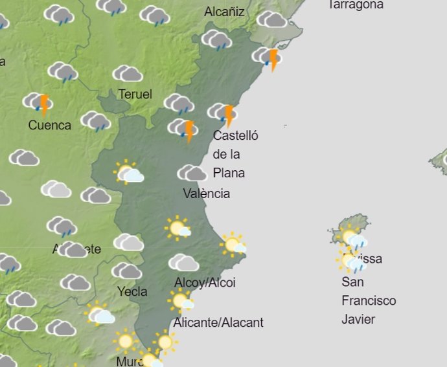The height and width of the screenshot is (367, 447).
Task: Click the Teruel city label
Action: (135, 95)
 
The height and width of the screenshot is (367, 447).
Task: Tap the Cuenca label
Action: (50, 125)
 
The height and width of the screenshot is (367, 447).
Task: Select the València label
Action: (206, 193)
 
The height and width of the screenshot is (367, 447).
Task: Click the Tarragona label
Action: (356, 5)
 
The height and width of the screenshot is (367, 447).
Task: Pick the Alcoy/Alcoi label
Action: (205, 282)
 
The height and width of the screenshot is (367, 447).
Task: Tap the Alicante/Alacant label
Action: (218, 322)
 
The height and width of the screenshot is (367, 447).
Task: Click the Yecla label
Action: (132, 291)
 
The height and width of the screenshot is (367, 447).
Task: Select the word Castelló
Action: (236, 135)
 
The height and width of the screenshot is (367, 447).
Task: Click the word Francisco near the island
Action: (369, 301)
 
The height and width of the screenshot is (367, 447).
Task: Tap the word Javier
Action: (358, 319)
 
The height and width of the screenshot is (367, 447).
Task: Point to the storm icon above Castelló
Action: (222, 113)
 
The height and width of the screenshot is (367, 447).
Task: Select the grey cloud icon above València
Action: (192, 173)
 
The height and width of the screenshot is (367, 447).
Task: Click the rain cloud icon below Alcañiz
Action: (216, 40)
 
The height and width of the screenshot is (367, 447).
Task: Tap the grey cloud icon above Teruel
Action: (128, 74)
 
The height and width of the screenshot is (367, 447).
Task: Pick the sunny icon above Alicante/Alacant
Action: (181, 301)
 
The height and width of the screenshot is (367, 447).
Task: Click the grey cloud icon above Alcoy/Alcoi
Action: (184, 262)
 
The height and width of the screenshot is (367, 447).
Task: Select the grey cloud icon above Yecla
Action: (126, 271)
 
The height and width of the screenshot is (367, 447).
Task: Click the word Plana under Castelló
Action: (229, 173)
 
